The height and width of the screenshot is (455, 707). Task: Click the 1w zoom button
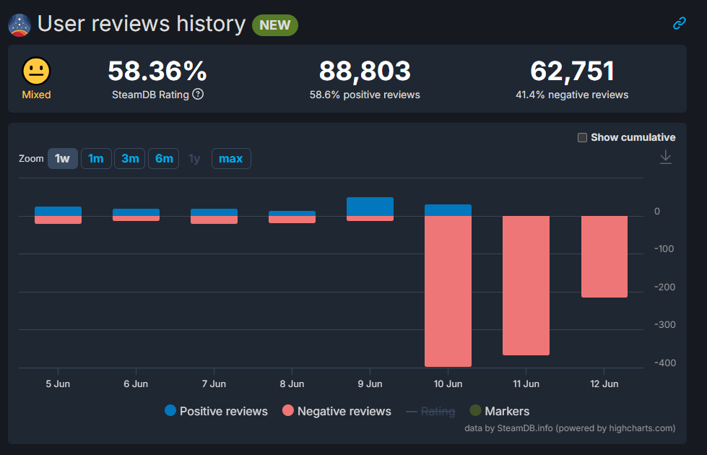point(63,159)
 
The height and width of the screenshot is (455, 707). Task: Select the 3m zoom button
point(130,159)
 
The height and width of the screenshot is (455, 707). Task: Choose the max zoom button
point(231,159)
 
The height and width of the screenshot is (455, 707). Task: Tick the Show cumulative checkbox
point(582,137)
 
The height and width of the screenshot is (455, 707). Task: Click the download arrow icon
point(666,157)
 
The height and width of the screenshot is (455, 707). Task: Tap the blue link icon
point(680,23)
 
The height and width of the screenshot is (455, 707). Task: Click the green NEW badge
point(275,25)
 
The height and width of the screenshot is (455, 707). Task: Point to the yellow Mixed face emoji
point(37,71)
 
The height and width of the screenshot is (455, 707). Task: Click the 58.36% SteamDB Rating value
point(157,71)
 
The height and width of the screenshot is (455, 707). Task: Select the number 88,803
point(365,71)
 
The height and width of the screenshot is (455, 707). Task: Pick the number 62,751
point(572,71)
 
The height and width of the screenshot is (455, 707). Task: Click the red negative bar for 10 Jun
point(448,291)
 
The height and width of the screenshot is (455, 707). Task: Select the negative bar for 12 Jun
point(604,256)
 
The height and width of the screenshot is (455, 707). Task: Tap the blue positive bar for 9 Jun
point(370,207)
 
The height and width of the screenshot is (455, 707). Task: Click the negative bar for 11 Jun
point(526,285)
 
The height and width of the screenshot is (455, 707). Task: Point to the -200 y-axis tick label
point(664,287)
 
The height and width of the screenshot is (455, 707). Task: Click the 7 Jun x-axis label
point(214,383)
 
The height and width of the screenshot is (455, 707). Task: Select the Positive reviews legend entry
point(217,411)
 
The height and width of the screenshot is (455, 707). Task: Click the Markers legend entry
point(500,411)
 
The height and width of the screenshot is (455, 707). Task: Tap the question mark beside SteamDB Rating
point(198,94)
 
